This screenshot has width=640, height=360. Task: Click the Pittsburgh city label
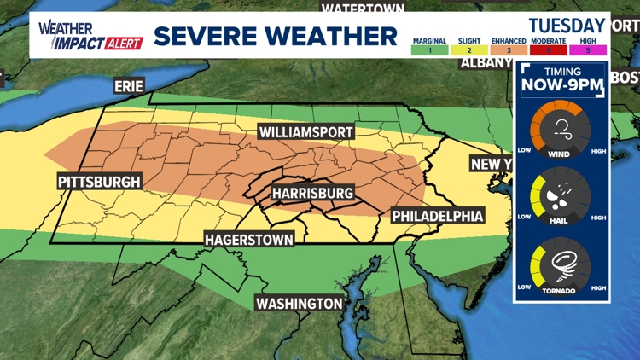pyautogui.click(x=99, y=182)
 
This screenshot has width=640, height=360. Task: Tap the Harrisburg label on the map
pyautogui.click(x=312, y=194)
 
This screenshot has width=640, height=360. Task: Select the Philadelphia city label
pyautogui.click(x=438, y=215)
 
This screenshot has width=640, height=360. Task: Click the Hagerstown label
pyautogui.click(x=249, y=240)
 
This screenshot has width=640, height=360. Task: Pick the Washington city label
pyautogui.click(x=300, y=304)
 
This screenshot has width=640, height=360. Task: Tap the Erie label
pyautogui.click(x=129, y=85)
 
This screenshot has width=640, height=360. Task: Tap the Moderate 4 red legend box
pyautogui.click(x=546, y=50)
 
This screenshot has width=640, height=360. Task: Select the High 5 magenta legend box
pyautogui.click(x=586, y=50)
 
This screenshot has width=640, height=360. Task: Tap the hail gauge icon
pyautogui.click(x=561, y=197)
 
